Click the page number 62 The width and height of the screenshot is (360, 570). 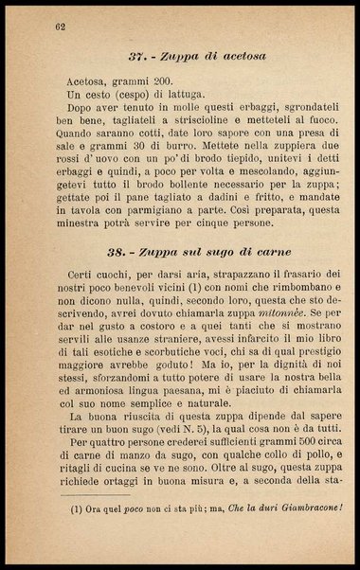pyautogui.click(x=60, y=25)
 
